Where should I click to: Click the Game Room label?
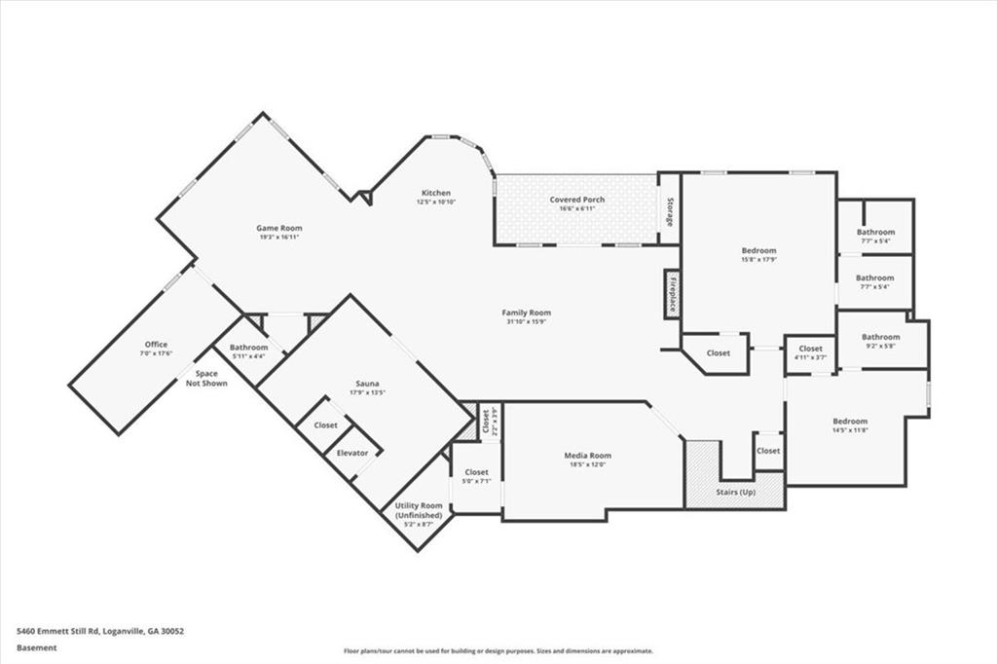(278, 228)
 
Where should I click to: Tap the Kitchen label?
(435, 193)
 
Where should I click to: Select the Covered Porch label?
(576, 200)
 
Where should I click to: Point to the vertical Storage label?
(670, 212)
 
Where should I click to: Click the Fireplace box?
(672, 292)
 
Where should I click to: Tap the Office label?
(156, 345)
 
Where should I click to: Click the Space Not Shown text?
(205, 378)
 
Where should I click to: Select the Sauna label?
(367, 385)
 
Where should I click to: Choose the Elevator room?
(351, 453)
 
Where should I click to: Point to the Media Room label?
(587, 456)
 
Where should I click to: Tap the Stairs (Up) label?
(735, 492)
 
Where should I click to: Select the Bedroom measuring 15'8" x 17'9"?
(758, 250)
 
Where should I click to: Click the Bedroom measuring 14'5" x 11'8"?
(849, 422)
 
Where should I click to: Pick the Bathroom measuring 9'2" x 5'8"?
(880, 337)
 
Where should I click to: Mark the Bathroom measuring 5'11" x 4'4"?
(248, 348)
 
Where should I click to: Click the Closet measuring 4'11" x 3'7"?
(810, 349)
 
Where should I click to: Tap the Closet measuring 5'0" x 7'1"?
(475, 472)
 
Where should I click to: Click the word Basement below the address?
(37, 647)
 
